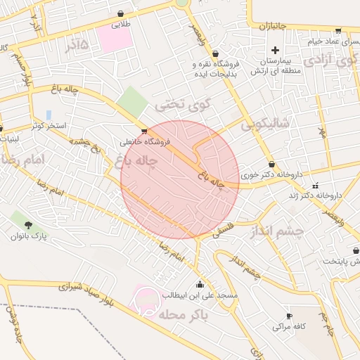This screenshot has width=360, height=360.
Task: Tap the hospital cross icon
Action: [275, 50]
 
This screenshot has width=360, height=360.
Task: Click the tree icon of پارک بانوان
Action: [29, 225]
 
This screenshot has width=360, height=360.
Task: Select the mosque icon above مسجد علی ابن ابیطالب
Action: [200, 285]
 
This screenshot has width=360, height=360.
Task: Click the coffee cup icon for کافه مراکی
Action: [288, 316]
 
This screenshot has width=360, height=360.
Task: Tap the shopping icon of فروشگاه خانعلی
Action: [144, 131]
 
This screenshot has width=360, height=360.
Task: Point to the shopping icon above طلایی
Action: [120, 13]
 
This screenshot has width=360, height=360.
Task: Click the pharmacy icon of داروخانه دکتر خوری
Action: [271, 164]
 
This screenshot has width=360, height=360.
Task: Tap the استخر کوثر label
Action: [49, 126]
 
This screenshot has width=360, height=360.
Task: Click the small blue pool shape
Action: [49, 114]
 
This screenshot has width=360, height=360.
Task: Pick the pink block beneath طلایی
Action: [115, 39]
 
